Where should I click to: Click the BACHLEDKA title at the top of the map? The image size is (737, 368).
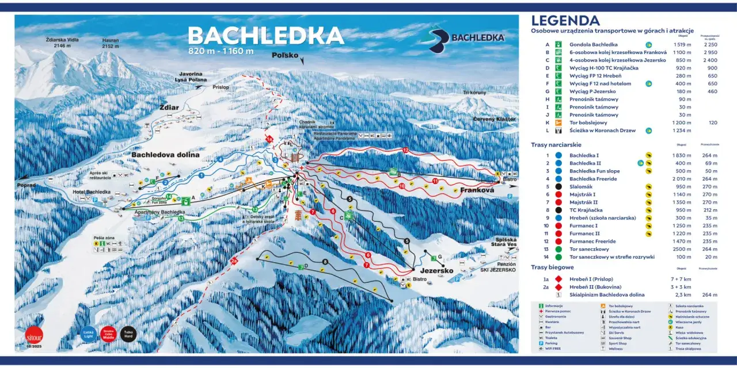266,36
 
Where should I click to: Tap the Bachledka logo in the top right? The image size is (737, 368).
466,38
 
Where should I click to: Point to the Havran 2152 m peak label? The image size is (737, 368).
111,43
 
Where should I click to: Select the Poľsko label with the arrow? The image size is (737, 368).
285,55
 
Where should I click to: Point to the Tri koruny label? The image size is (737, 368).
474,93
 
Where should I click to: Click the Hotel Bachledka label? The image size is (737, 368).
92,191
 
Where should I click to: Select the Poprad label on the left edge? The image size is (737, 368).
26,185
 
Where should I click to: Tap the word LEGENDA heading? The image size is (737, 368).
565,21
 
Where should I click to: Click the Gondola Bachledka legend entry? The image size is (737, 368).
593,44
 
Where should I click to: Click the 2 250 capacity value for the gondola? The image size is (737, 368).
710,44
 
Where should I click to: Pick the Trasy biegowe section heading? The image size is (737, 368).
552,267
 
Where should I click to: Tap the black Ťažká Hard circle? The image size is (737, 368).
127,333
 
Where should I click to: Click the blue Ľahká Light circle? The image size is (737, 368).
88,333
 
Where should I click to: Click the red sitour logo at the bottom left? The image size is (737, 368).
34,335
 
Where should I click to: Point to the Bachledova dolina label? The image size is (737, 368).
165,155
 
